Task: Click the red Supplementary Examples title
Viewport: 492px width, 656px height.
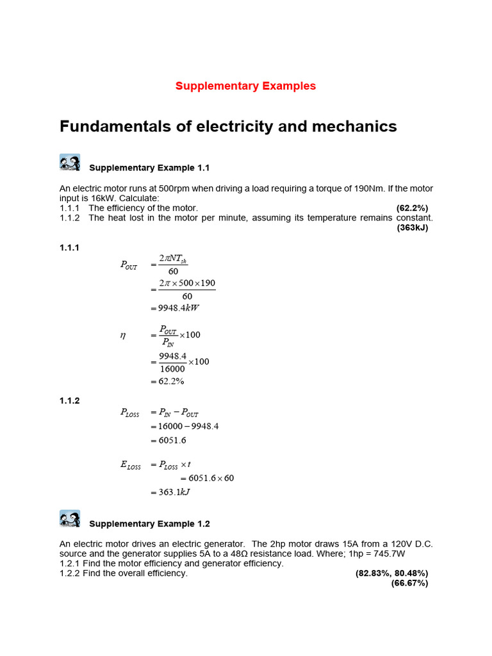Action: (246, 86)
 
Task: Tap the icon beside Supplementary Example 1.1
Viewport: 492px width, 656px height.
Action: (70, 163)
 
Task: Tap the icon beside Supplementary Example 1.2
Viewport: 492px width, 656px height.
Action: (70, 519)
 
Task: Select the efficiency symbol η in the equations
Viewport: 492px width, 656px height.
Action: (123, 334)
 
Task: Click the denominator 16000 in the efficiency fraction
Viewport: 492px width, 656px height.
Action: (172, 368)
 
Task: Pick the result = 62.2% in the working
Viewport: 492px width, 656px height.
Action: (168, 382)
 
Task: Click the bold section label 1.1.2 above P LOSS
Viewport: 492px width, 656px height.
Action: (69, 400)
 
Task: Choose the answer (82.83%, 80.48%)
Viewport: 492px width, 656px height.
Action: (391, 573)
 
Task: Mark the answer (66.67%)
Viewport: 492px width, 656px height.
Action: (409, 583)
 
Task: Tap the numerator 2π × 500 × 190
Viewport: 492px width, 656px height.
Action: (187, 283)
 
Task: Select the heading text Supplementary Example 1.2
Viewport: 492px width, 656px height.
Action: (149, 524)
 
